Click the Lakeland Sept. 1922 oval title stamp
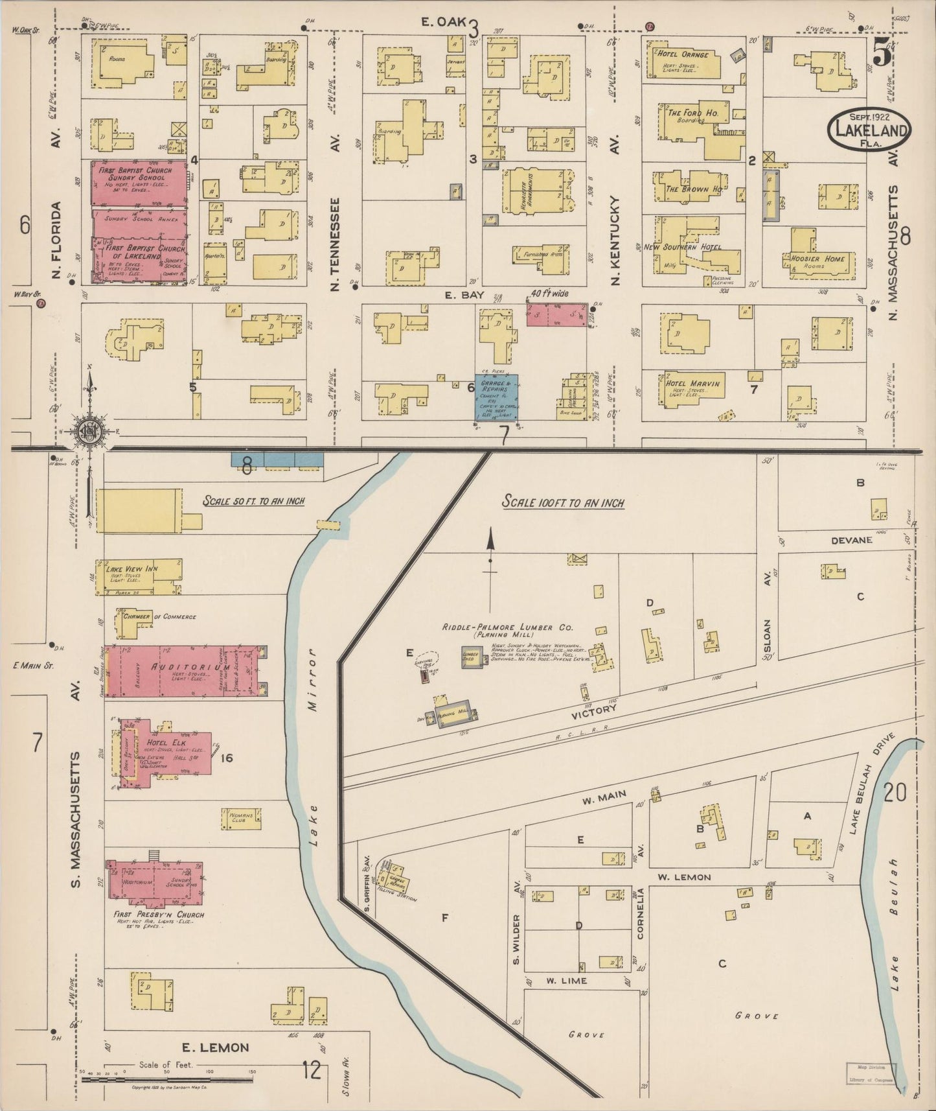[869, 129]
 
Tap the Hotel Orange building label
[683, 55]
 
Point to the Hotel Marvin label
[692, 383]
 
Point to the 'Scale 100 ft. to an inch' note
[564, 502]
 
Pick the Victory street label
[594, 710]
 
